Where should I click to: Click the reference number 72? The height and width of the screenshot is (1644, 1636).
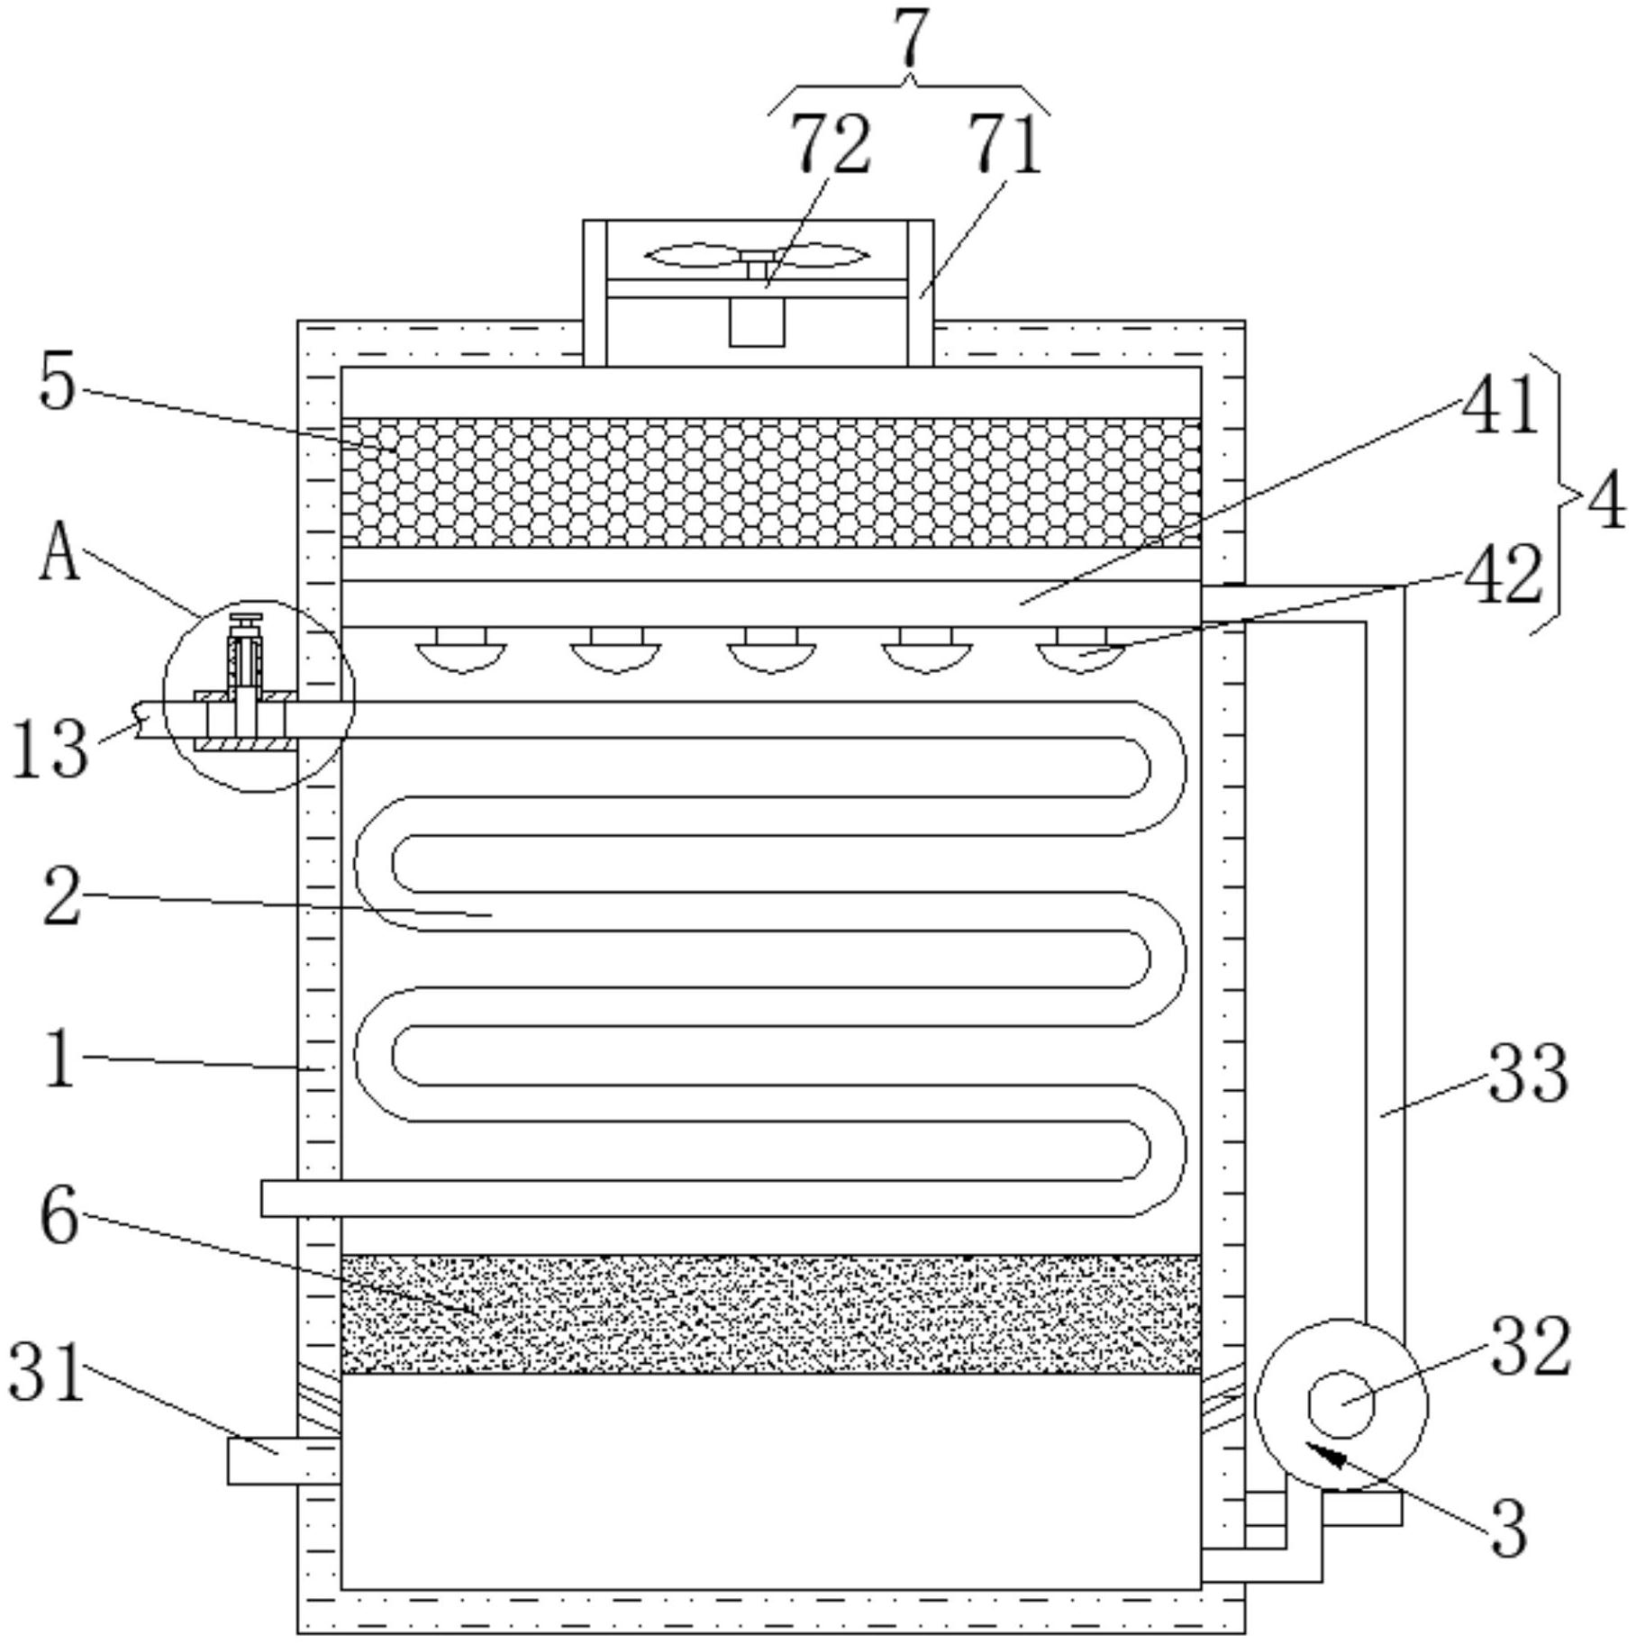(x=831, y=144)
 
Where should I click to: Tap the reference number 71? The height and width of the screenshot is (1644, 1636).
(x=1004, y=144)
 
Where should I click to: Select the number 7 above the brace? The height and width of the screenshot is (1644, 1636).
(x=912, y=39)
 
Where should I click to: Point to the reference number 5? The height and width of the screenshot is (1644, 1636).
(x=58, y=385)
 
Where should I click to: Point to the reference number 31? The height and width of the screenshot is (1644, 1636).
(x=47, y=1370)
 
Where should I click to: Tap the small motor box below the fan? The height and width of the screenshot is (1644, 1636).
(x=757, y=322)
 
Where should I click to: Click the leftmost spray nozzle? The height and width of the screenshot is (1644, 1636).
(x=460, y=650)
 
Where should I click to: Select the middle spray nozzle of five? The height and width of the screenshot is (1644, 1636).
(x=771, y=650)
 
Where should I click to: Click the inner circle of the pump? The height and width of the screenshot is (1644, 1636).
(x=1341, y=1404)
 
